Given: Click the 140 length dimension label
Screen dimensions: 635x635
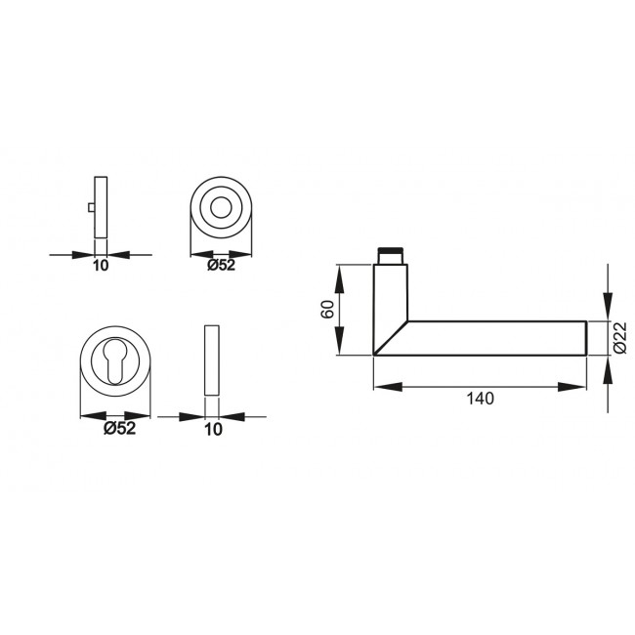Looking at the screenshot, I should pos(481,398).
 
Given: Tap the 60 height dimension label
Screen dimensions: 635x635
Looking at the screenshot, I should pos(328,311).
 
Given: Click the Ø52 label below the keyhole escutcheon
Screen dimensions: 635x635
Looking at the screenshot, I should pos(118,428).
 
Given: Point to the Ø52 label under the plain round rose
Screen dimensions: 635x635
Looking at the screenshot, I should pos(222,265).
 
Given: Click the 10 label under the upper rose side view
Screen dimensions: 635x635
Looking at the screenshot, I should pos(100,265).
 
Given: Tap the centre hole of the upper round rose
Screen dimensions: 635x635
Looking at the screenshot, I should pos(222,208).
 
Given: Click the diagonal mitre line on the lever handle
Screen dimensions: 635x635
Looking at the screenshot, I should pos(390,337).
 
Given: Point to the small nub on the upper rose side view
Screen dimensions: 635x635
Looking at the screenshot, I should pos(91,209).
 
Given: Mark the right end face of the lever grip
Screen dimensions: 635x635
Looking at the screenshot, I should pos(585,337).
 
